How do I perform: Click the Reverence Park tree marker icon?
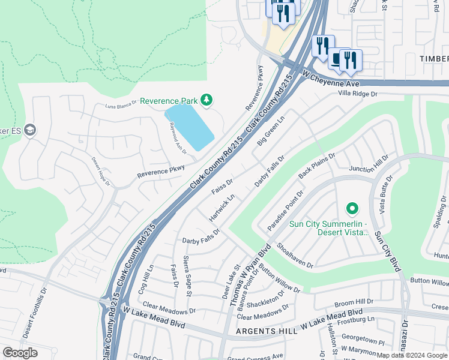(x=206, y=99)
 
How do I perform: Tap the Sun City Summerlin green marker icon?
(x=352, y=209)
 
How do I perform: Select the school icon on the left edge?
(x=30, y=130)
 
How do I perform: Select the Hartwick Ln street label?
(x=221, y=207)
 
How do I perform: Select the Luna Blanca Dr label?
(x=122, y=106)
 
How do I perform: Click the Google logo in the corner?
(x=20, y=353)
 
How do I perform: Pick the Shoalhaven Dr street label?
(x=296, y=256)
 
